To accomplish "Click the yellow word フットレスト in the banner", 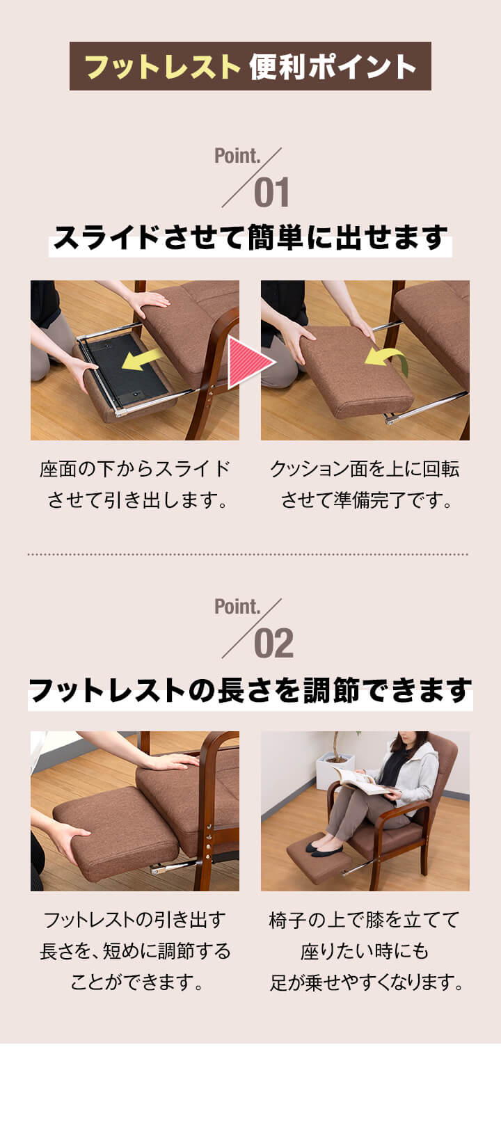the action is click(163, 67).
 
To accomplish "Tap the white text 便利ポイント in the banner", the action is click(333, 67).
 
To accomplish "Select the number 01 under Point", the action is click(272, 193).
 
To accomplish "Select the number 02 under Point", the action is click(274, 644).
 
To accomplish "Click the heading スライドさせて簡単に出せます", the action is click(250, 239).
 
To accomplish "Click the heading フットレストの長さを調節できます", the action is click(250, 690).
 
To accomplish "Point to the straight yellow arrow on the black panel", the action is click(143, 360).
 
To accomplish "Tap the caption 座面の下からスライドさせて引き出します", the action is click(135, 484).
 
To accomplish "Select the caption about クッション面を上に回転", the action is click(365, 484).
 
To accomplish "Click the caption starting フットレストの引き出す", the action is click(135, 950).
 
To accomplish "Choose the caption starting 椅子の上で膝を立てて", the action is click(365, 950).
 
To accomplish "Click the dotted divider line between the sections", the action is click(248, 554).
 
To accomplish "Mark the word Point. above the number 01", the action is click(237, 156).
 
